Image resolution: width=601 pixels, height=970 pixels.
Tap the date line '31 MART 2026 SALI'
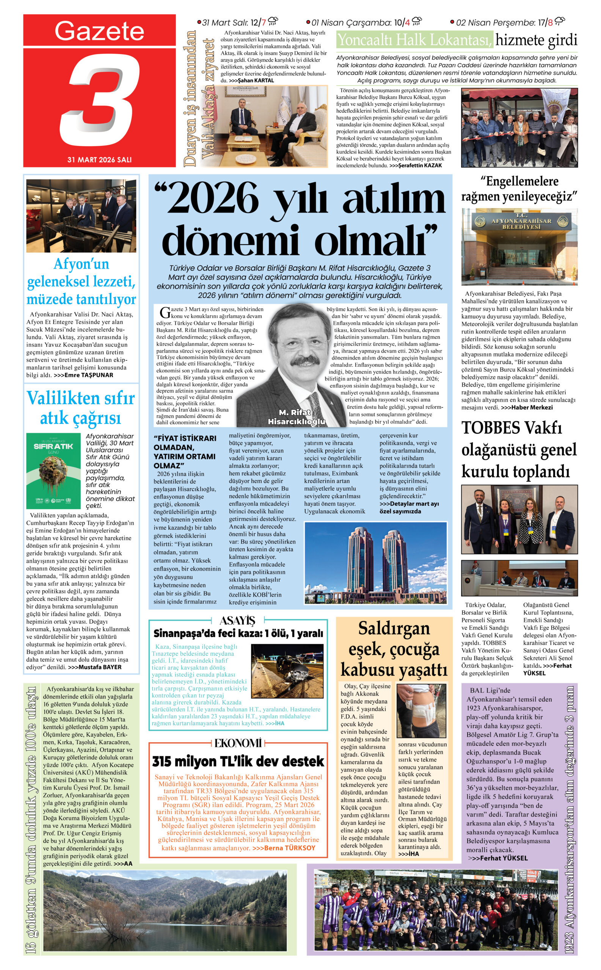coord(99,160)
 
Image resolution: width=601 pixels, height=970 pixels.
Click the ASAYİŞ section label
coord(237,620)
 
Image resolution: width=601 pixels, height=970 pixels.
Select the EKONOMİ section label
coord(238,743)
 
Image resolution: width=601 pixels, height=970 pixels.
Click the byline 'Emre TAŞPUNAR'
coord(89,375)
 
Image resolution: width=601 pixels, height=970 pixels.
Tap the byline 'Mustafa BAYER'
coord(100,667)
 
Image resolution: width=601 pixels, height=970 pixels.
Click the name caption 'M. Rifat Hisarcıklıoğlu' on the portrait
coord(296,417)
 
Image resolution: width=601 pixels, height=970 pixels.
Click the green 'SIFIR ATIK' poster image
coord(53,471)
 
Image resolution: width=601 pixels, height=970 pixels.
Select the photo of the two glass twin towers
coord(375,562)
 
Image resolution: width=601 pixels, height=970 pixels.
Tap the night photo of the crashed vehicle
coord(287,671)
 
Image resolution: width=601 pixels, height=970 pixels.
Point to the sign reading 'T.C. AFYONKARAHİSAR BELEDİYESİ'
coord(521,224)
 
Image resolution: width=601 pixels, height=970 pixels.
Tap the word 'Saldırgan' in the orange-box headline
coord(394,628)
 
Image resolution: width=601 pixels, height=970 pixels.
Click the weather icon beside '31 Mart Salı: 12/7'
coord(273,21)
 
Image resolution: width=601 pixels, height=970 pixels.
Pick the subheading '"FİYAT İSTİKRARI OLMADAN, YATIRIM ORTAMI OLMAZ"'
coord(185,452)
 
